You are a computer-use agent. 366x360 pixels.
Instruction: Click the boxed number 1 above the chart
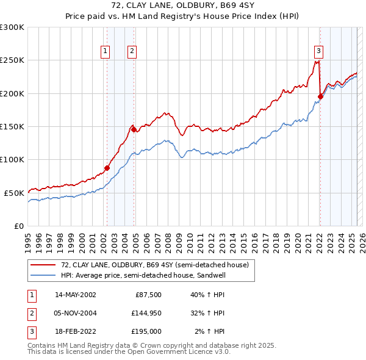[x=106, y=52]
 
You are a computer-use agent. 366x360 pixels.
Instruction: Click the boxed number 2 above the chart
[x=132, y=52]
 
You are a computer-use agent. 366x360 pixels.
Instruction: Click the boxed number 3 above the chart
[x=318, y=52]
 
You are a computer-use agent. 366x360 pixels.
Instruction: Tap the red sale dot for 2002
[x=107, y=168]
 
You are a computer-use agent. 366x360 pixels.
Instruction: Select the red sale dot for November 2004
[x=134, y=129]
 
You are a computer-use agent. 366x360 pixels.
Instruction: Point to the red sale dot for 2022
[x=320, y=96]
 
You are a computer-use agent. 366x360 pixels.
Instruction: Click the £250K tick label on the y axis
[x=12, y=60]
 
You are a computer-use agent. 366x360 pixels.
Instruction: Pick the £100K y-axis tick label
[x=12, y=159]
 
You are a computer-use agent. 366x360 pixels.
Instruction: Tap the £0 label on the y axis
[x=19, y=226]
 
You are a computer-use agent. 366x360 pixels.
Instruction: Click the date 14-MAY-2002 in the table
[x=75, y=295]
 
